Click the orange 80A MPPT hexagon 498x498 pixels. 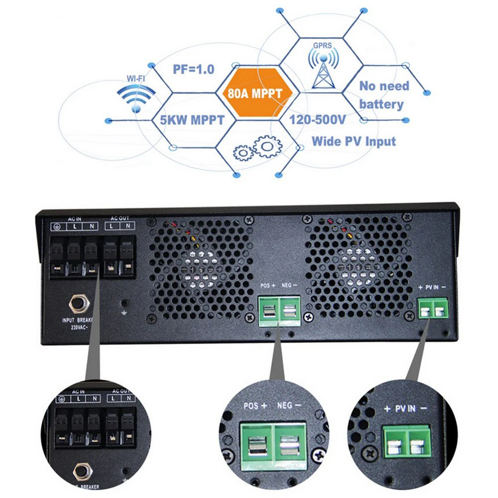(258, 93)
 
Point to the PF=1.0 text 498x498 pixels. (193, 69)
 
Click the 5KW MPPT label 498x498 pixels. (192, 121)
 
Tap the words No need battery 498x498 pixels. (383, 95)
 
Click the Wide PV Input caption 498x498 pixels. (354, 141)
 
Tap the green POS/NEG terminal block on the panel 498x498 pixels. (279, 312)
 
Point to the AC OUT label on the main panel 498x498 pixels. (120, 219)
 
